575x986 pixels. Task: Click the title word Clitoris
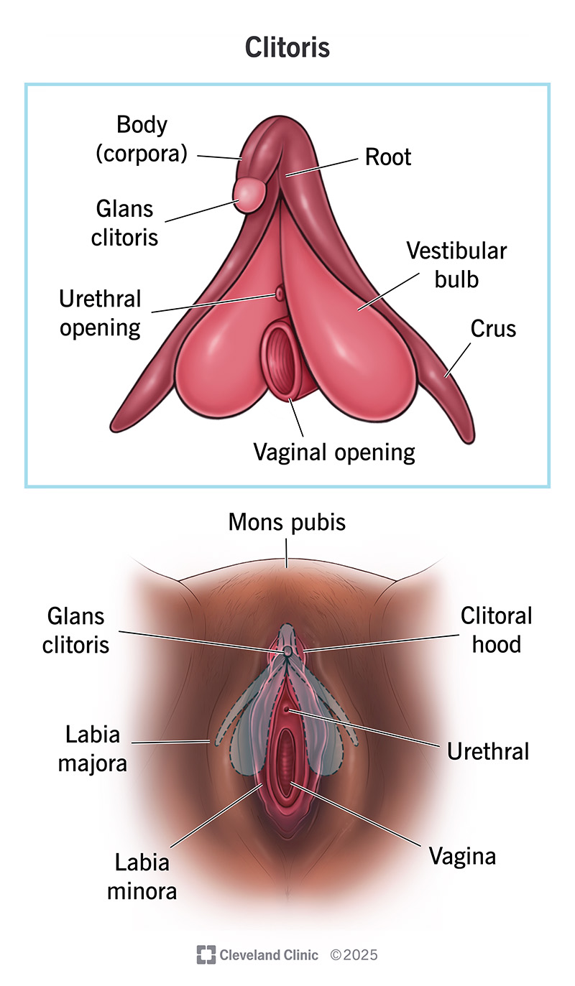coord(287,47)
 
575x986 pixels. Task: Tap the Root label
coord(388,157)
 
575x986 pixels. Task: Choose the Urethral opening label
coord(101,313)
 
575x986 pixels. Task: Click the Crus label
coord(493,329)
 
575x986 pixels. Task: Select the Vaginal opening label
coord(334,452)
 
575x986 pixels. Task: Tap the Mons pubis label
coord(287,522)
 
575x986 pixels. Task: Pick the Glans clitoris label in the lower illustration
coord(75,630)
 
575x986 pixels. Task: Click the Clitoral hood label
coord(496,630)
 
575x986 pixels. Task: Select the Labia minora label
coord(142,876)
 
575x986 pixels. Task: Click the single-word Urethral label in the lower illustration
coord(487,751)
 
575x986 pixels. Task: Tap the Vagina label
coord(462,856)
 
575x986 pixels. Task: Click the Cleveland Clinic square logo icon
coord(206,954)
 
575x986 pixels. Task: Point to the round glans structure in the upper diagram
coord(249,195)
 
